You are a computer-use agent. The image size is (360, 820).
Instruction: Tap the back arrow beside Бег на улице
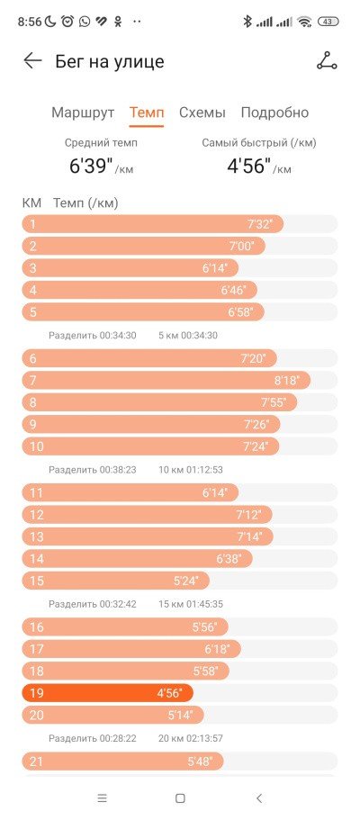click(x=32, y=61)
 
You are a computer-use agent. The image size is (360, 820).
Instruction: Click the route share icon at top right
click(x=327, y=61)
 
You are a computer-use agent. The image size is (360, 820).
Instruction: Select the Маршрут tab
click(x=83, y=113)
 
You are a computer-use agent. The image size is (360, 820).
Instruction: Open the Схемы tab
click(x=202, y=113)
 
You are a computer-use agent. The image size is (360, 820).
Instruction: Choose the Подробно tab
click(x=274, y=113)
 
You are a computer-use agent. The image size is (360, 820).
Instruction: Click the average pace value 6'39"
click(x=92, y=166)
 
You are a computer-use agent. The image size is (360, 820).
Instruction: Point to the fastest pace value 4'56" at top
click(x=249, y=166)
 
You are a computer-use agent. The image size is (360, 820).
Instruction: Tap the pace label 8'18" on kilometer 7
click(x=287, y=380)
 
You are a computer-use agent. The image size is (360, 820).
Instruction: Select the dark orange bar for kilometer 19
click(x=107, y=693)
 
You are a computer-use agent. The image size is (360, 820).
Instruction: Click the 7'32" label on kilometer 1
click(x=260, y=224)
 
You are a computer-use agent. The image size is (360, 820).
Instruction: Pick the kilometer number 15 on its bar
click(x=37, y=581)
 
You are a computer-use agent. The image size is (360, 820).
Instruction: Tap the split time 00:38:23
click(x=118, y=470)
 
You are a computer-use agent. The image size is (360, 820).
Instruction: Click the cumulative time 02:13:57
click(x=204, y=738)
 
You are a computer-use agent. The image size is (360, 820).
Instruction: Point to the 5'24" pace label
click(x=186, y=581)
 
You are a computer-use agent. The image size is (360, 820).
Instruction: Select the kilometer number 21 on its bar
click(x=36, y=761)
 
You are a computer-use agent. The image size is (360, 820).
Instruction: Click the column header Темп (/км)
click(x=85, y=203)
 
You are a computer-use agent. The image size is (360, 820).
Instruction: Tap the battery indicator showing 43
click(x=328, y=22)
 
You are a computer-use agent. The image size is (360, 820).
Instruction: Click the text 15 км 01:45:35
click(x=191, y=604)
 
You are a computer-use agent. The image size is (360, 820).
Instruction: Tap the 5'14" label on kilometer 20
click(x=181, y=715)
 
